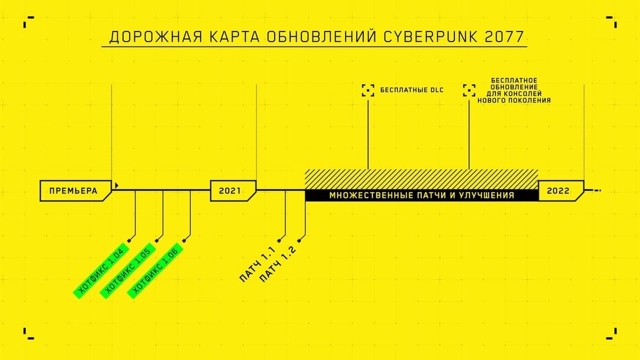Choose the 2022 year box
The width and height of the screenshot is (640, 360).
coord(557,190)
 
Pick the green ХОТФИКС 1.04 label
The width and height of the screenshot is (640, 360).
coord(101,270)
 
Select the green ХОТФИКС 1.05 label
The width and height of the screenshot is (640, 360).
coord(129,270)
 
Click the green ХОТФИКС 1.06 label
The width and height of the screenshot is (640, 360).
coord(155,271)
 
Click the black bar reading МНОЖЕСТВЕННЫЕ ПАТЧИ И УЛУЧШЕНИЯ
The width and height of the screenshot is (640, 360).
coord(421,196)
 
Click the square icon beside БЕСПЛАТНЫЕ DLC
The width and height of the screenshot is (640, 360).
coord(368,90)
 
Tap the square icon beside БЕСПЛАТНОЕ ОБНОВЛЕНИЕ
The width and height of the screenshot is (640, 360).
coord(469,90)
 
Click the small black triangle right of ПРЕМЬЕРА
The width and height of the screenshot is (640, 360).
coord(116,186)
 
